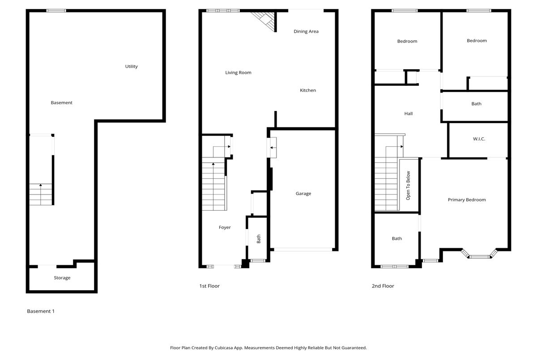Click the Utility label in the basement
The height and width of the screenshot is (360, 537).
132,66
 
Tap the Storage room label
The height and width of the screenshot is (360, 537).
62,278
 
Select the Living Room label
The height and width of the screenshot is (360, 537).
238,72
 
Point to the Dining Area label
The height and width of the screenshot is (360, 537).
306,31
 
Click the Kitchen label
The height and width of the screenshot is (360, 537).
308,90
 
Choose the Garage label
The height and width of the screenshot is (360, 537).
303,194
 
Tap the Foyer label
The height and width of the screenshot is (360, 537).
225,227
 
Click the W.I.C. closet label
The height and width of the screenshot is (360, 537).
479,139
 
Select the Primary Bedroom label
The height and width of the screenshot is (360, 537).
467,200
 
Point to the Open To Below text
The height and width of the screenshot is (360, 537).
408,186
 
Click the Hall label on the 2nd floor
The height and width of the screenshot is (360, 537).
409,114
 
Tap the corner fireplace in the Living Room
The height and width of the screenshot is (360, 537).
265,21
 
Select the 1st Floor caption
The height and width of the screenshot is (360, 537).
209,286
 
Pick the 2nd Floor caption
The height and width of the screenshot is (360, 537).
383,286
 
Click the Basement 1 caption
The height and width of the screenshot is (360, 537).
41,311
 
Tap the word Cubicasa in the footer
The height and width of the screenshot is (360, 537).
224,348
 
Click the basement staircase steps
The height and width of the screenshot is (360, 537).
41,194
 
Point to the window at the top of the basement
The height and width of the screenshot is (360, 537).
56,11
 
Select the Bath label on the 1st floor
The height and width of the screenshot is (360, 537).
259,239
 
